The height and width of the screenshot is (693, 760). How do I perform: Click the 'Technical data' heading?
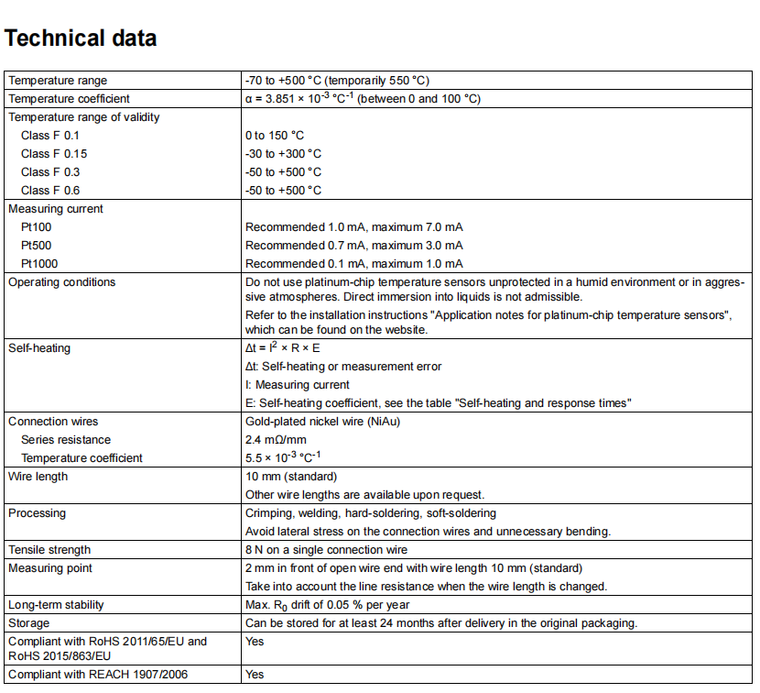tap(81, 38)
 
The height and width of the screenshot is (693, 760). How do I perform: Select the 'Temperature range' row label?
tap(58, 81)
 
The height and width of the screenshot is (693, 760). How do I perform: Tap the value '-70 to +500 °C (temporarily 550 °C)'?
tap(337, 81)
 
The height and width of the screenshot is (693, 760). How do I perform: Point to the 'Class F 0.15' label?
tap(54, 154)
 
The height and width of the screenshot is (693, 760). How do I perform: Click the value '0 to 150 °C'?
tap(275, 136)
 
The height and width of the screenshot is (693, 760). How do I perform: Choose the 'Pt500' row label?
tap(38, 246)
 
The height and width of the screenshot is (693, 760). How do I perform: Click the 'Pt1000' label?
tap(40, 264)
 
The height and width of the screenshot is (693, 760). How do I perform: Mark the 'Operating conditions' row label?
tap(62, 282)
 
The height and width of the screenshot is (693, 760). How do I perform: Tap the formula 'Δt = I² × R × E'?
tap(283, 348)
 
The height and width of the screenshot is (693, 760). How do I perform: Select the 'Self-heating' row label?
tap(39, 348)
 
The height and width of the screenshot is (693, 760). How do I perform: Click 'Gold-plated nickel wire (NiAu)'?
tap(322, 422)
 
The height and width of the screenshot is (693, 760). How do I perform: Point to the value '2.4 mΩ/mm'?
tap(275, 440)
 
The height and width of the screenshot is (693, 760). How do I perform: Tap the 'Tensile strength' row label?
tap(49, 550)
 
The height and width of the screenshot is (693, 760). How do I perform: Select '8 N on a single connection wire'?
tap(327, 550)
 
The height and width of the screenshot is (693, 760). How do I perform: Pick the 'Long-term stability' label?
tap(56, 605)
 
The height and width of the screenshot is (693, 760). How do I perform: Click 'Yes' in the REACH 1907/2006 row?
tap(255, 675)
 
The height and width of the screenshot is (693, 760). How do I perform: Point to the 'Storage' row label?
tap(29, 623)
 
